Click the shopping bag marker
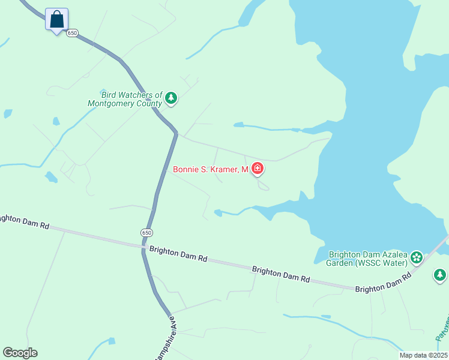click(x=57, y=19)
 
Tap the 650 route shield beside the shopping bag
click(x=73, y=32)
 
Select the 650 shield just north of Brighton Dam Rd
click(x=147, y=232)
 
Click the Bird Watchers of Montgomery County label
click(x=125, y=99)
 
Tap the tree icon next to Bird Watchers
click(x=171, y=98)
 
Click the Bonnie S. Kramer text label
click(x=210, y=170)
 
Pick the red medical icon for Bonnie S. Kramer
click(x=258, y=169)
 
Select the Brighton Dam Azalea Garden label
click(x=367, y=258)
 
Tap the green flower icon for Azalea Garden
click(x=416, y=258)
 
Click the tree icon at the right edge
click(x=440, y=275)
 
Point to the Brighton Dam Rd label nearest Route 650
click(x=178, y=254)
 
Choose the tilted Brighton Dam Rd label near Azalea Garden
click(x=383, y=282)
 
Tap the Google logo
click(x=20, y=353)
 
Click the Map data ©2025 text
click(x=423, y=355)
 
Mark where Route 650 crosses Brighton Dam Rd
click(x=144, y=246)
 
